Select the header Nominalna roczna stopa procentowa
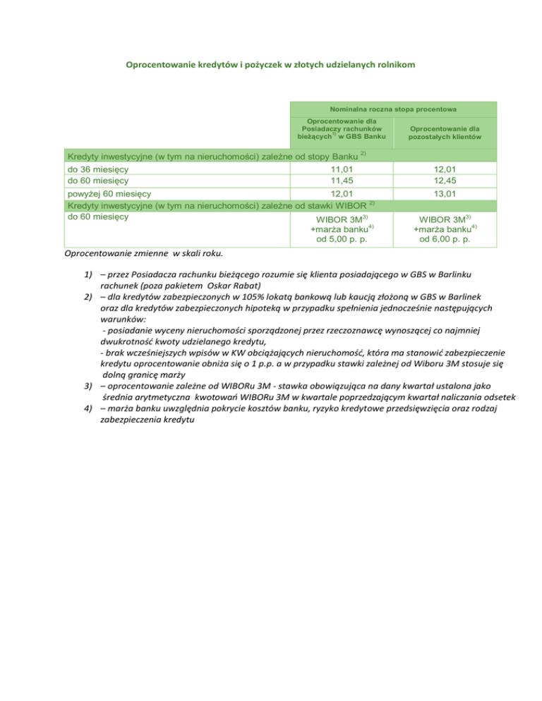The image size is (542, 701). pyautogui.click(x=393, y=109)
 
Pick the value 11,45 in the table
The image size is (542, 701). pyautogui.click(x=342, y=181)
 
